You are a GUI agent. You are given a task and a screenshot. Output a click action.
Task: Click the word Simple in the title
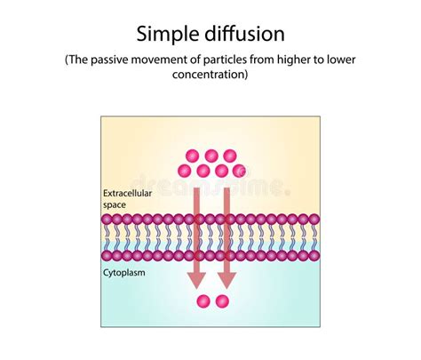[169, 35]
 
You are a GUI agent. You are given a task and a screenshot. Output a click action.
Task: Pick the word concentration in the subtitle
[210, 76]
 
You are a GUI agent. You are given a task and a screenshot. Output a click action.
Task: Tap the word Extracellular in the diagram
[128, 193]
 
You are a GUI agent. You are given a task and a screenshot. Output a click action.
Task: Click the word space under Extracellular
[116, 204]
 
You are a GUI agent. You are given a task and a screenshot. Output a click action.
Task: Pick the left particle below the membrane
[203, 301]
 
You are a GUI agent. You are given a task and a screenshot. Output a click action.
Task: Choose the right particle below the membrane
[222, 301]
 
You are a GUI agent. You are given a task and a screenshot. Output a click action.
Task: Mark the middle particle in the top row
[211, 156]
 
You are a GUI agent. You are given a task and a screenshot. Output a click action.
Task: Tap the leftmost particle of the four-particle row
[184, 170]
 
